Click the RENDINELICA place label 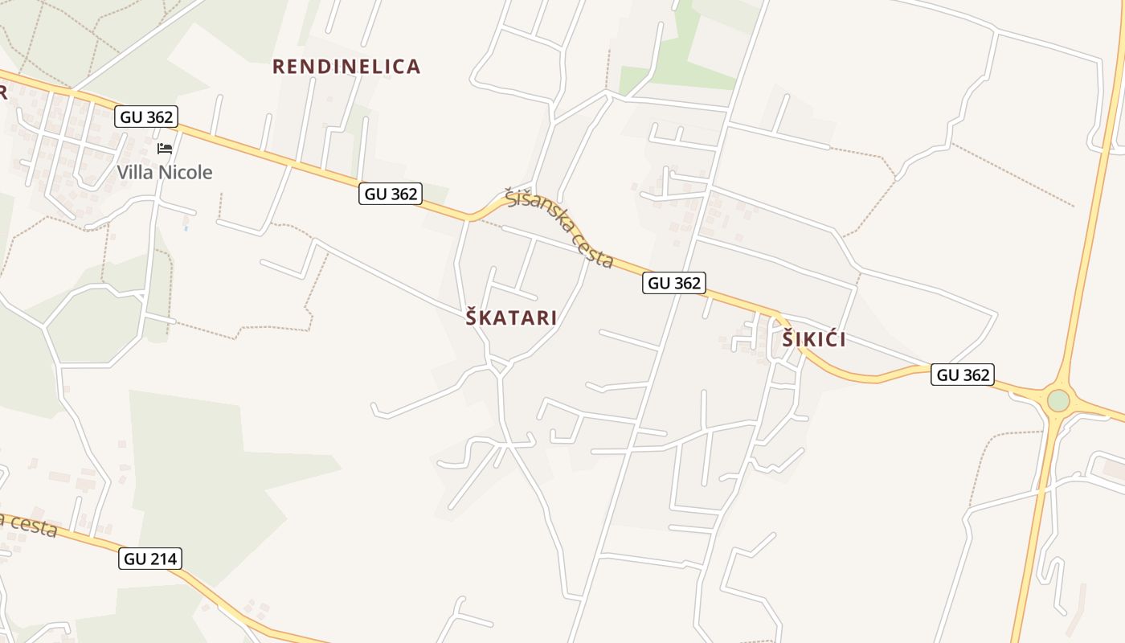tap(346, 67)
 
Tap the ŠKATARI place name tap(511, 317)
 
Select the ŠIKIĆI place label tap(814, 339)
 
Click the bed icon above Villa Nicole tap(165, 149)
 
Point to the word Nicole tap(186, 172)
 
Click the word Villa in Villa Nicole tap(135, 172)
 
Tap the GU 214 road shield tap(150, 559)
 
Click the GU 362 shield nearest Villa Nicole tap(145, 117)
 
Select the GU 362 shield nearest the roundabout tap(963, 375)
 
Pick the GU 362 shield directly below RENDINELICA tap(391, 194)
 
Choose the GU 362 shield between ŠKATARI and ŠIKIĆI tap(674, 283)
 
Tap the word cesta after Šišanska tap(594, 252)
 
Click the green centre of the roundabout tap(1058, 399)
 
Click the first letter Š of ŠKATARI tap(472, 317)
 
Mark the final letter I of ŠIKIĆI tap(842, 340)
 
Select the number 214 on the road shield tap(162, 559)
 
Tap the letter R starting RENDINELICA tap(279, 67)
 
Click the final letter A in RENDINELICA tap(414, 67)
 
